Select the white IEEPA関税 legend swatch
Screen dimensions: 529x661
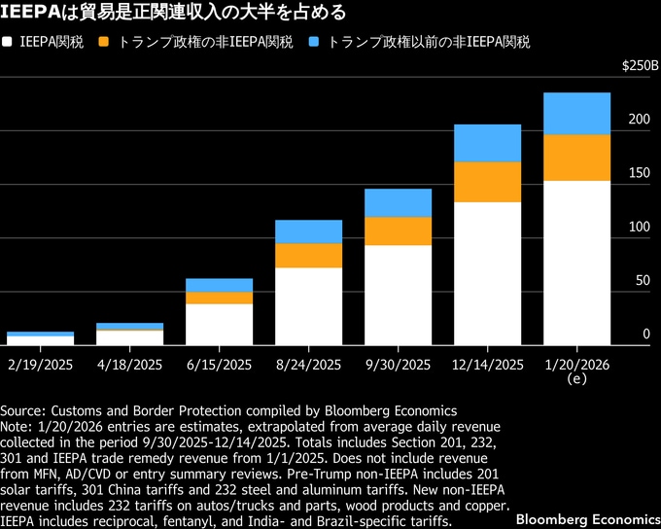9,43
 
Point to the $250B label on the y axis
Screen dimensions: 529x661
639,66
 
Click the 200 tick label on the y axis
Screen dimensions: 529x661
636,120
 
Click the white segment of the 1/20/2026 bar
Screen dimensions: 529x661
576,263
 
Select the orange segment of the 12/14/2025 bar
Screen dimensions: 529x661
487,182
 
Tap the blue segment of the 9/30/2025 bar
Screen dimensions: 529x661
398,202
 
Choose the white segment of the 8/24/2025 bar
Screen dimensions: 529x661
308,305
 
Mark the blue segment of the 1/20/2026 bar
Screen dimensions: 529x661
576,113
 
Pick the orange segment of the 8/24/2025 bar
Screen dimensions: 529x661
308,255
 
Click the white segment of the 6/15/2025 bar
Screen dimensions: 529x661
219,324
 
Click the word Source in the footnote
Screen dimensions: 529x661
24,411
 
